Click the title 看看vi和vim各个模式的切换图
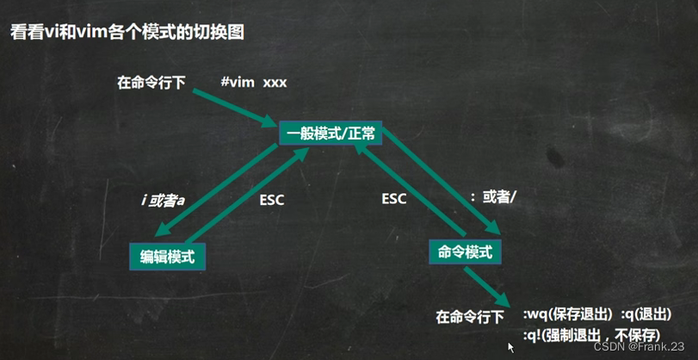127,33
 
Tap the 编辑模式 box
168,255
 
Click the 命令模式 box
465,251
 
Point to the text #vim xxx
253,83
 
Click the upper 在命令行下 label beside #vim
151,84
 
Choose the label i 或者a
164,200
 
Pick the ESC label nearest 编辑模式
271,200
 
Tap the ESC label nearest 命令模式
394,199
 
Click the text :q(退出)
645,314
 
